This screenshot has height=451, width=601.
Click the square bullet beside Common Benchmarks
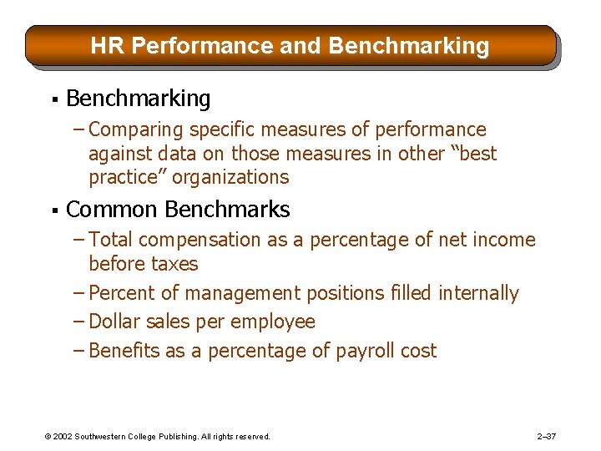point(52,210)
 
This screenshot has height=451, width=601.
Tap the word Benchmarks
point(227,209)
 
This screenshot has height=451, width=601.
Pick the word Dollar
point(116,322)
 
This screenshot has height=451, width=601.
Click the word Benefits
point(124,351)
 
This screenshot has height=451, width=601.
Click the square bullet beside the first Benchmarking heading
point(52,99)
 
